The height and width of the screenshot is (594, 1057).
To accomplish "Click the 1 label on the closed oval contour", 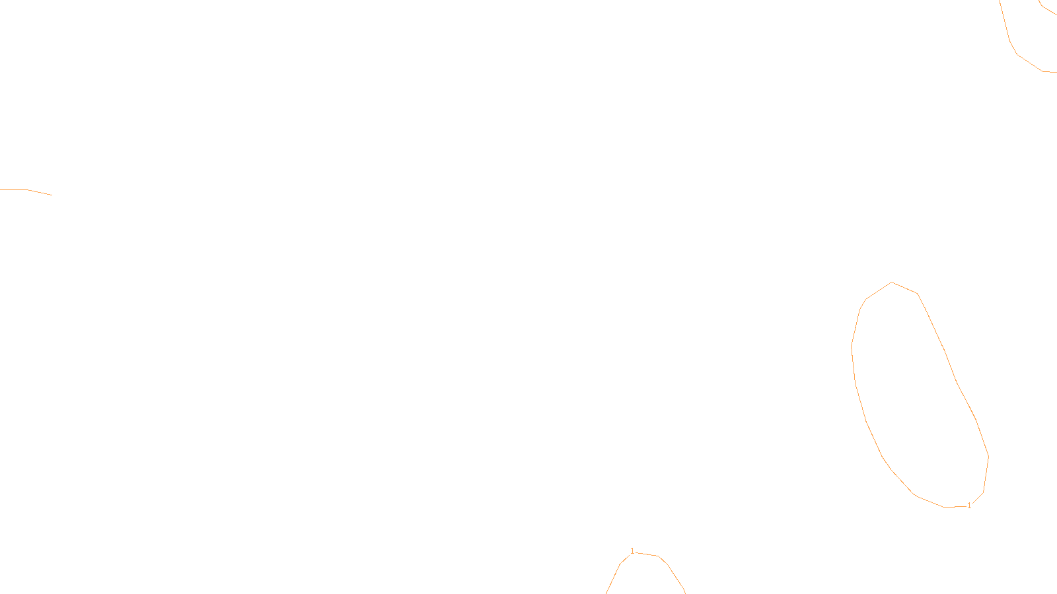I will click(969, 506).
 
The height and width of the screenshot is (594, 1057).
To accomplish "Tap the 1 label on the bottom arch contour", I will click(632, 551).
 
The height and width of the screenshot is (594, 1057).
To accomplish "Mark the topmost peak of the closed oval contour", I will click(892, 282).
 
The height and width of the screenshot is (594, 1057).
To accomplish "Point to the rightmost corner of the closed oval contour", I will click(988, 456).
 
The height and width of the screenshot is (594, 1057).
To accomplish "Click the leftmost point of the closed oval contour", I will click(852, 346).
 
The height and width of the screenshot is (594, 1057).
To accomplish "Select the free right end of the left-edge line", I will click(52, 195).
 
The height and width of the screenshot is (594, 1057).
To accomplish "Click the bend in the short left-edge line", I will click(28, 189).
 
